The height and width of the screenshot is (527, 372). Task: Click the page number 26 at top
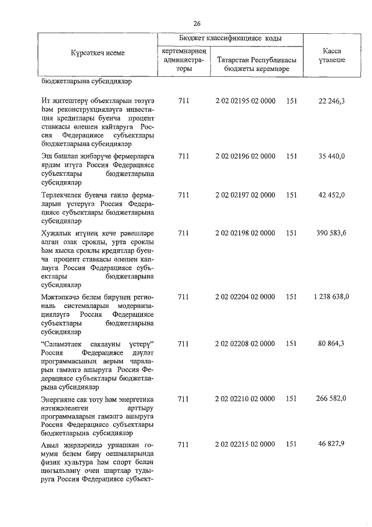(x=196, y=23)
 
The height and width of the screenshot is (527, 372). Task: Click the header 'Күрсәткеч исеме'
(x=97, y=53)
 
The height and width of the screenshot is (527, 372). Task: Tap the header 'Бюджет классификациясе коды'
(x=230, y=38)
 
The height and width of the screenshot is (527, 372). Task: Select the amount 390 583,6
(x=331, y=233)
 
